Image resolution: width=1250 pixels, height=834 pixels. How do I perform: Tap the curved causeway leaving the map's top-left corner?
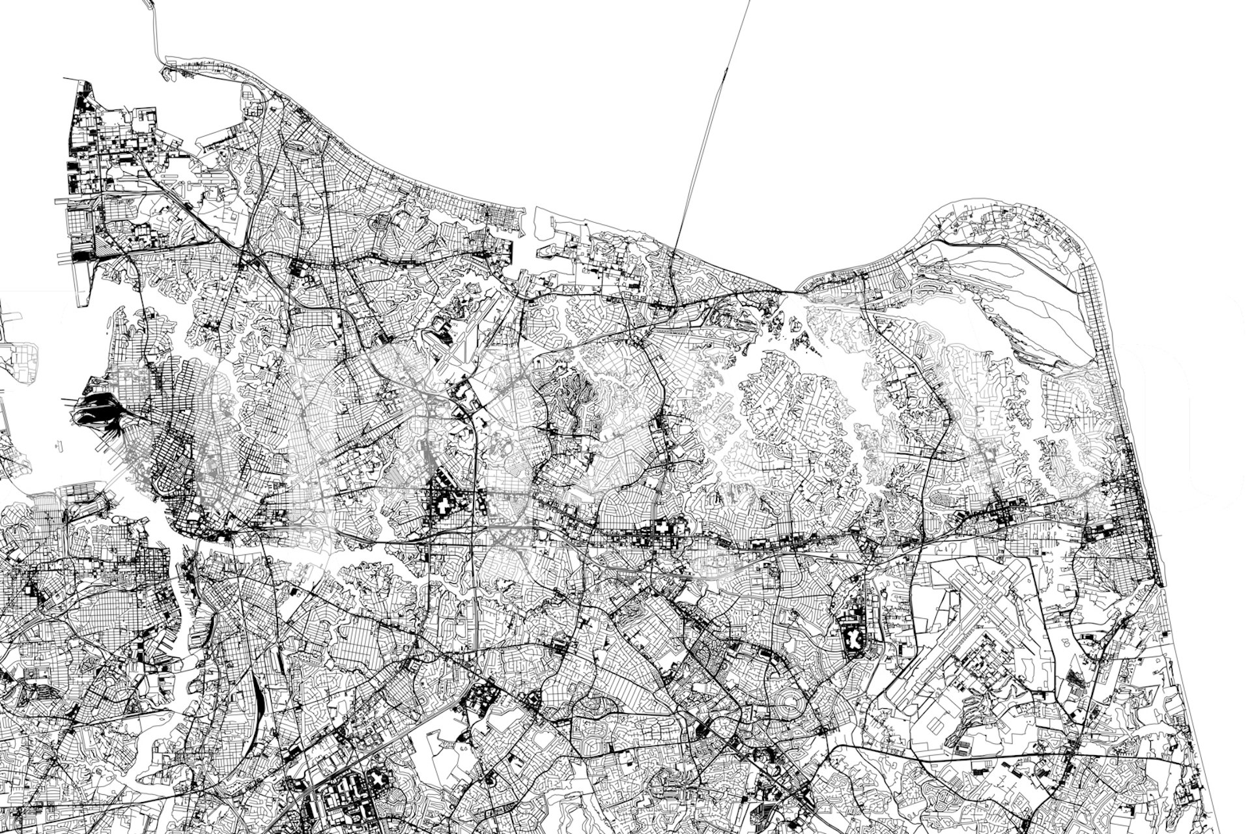[x=157, y=33]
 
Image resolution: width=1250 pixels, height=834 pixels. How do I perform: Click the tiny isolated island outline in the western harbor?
[x=59, y=446]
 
